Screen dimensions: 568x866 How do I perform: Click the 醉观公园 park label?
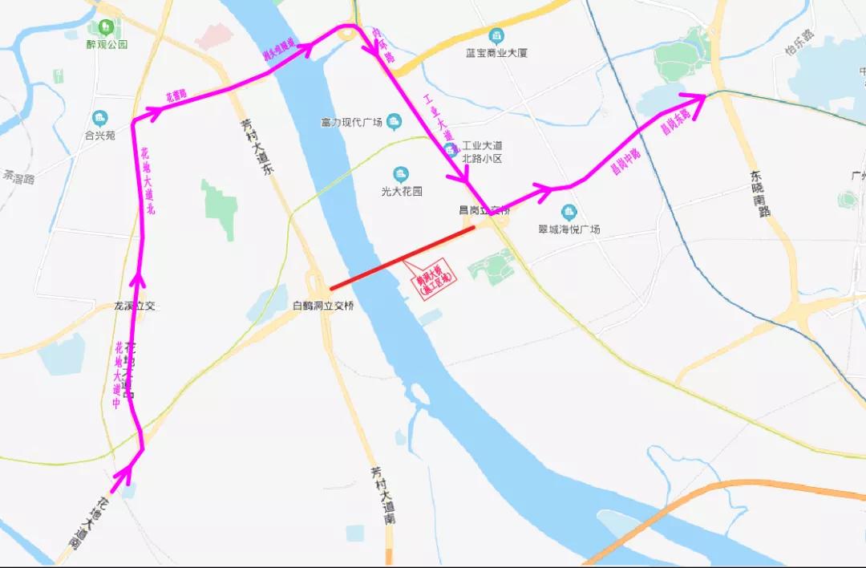pyautogui.click(x=107, y=44)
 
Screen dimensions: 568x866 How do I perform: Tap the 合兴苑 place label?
pyautogui.click(x=100, y=136)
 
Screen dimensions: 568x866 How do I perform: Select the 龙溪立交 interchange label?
pyautogui.click(x=135, y=306)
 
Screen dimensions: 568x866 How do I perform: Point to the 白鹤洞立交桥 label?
pyautogui.click(x=323, y=306)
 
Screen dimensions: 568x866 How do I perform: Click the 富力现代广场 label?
pyautogui.click(x=349, y=122)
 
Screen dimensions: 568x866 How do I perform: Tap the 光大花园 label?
pyautogui.click(x=401, y=192)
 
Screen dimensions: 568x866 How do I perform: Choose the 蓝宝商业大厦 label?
pyautogui.click(x=496, y=53)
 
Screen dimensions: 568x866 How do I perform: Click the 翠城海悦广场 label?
pyautogui.click(x=569, y=229)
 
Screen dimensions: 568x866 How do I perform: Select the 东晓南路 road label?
pyautogui.click(x=760, y=193)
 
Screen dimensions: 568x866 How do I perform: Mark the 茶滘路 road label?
pyautogui.click(x=18, y=177)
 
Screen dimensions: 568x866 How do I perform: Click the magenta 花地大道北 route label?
pyautogui.click(x=150, y=184)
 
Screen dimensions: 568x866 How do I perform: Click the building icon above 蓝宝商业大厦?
pyautogui.click(x=496, y=35)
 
